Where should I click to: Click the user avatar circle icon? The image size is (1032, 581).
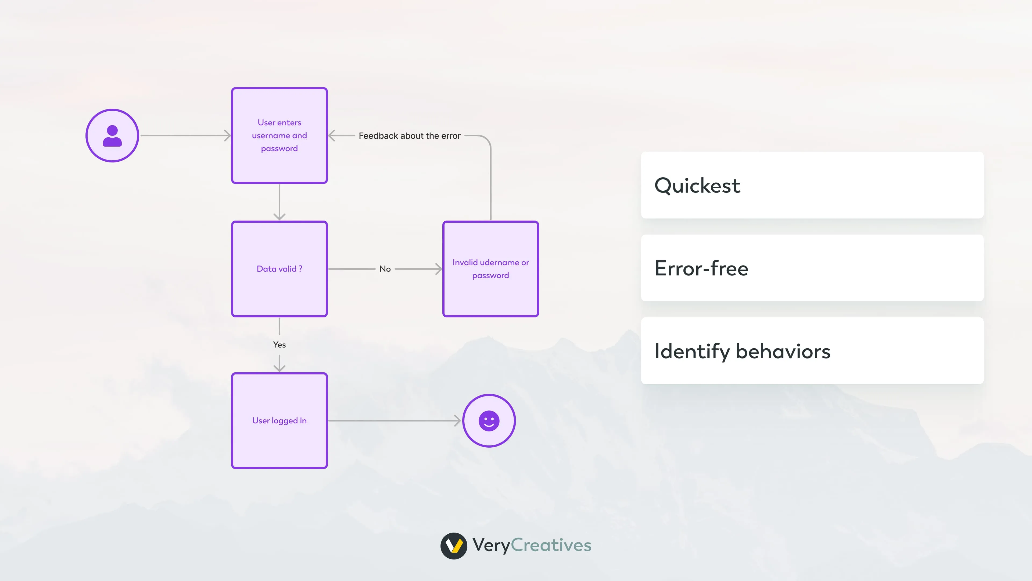pyautogui.click(x=112, y=136)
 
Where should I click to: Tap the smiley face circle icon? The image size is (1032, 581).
pyautogui.click(x=489, y=421)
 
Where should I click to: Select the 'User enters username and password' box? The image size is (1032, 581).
pyautogui.click(x=279, y=136)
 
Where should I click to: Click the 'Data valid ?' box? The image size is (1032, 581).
pyautogui.click(x=279, y=269)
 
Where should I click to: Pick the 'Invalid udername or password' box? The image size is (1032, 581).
pyautogui.click(x=490, y=269)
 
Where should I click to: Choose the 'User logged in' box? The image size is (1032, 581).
pyautogui.click(x=279, y=421)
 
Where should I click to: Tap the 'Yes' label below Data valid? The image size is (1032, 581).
pyautogui.click(x=279, y=344)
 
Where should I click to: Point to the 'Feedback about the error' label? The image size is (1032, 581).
pyautogui.click(x=409, y=136)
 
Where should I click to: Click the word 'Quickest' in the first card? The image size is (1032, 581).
pyautogui.click(x=697, y=186)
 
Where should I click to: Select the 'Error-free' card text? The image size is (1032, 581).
pyautogui.click(x=701, y=268)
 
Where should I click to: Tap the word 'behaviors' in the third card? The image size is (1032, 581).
pyautogui.click(x=783, y=351)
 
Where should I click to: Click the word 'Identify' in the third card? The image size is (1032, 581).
pyautogui.click(x=692, y=352)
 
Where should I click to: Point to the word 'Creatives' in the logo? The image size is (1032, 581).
pyautogui.click(x=551, y=545)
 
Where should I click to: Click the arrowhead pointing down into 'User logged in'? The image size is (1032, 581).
pyautogui.click(x=279, y=368)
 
